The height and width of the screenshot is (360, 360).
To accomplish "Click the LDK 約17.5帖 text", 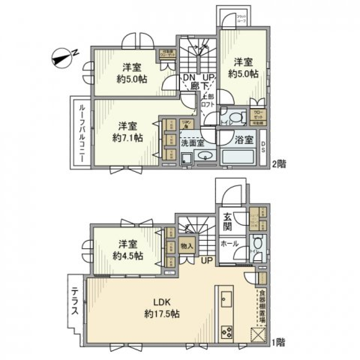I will (162, 308).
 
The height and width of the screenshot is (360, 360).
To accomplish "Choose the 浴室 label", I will (244, 141).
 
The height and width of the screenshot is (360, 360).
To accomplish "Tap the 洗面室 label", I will (192, 142).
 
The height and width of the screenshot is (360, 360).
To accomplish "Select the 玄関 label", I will (227, 222).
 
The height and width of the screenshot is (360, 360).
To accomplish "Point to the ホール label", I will (230, 243).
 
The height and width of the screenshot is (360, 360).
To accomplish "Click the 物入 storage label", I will (187, 246).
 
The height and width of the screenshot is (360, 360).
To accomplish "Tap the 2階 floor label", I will (279, 164).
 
